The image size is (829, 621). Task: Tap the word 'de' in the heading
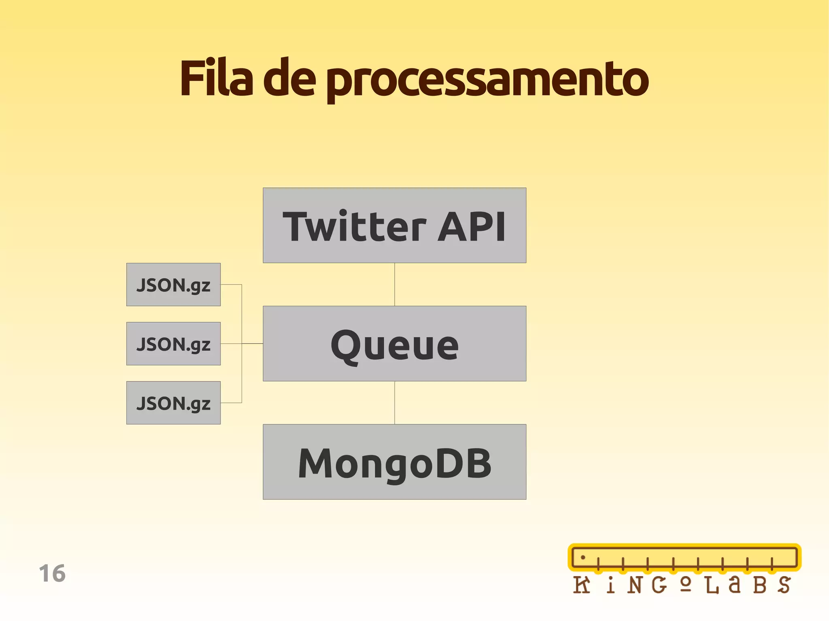point(289,79)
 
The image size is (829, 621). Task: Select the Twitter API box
point(394,225)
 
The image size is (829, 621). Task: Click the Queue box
point(394,343)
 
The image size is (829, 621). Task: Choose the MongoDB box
point(394,462)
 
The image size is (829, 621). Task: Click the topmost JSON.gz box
point(173,284)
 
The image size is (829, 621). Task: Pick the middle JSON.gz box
point(173,343)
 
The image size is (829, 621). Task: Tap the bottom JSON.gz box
point(173,403)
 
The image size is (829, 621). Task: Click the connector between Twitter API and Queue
point(395,284)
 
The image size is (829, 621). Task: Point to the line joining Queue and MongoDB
point(395,403)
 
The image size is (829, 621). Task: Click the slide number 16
point(52,573)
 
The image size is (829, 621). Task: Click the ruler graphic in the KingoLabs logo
point(684,557)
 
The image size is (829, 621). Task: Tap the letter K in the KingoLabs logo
point(582,585)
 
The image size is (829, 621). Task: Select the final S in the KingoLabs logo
point(784,585)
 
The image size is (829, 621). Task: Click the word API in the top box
point(472,227)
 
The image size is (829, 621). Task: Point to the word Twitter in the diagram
point(354,227)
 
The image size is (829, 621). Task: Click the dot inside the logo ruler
point(583,557)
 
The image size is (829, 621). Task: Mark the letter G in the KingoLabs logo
point(659,585)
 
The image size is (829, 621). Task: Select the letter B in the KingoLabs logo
point(759,585)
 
